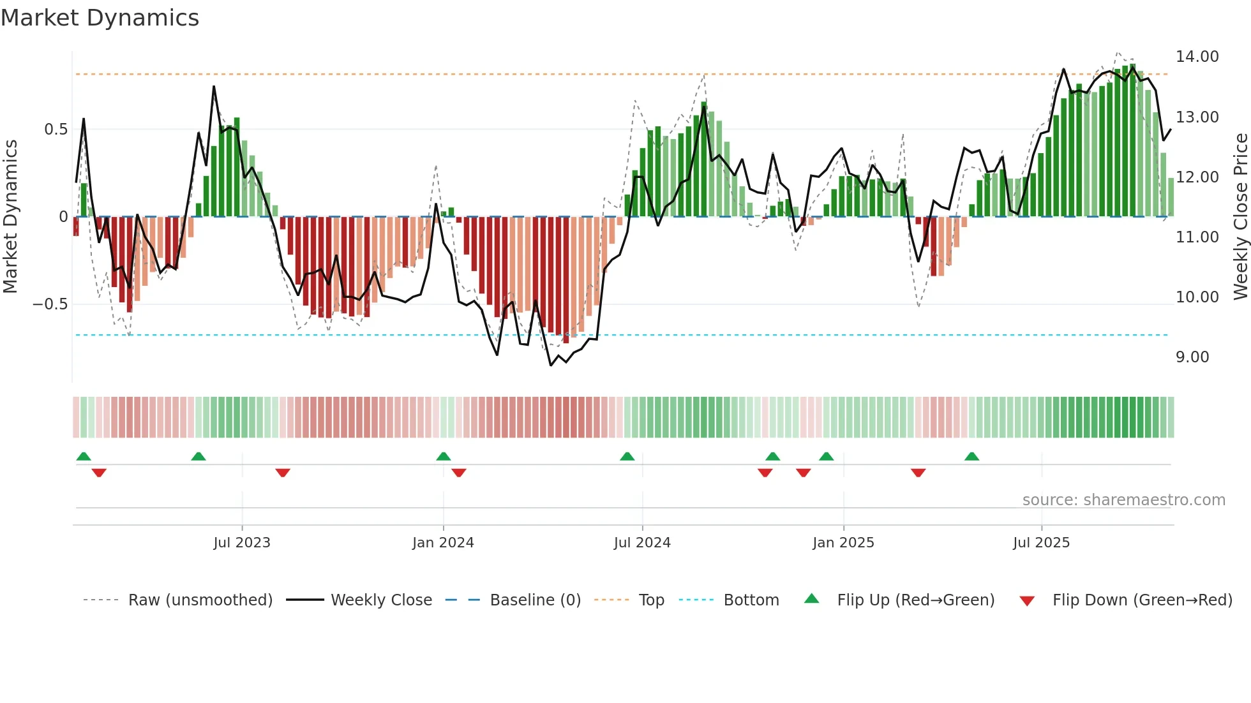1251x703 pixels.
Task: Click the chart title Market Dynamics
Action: click(100, 18)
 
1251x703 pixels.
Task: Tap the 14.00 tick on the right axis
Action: click(1197, 57)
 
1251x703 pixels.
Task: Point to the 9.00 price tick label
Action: click(1192, 357)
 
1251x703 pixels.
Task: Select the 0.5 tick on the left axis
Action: click(56, 129)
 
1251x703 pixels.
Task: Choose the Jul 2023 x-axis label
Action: click(241, 543)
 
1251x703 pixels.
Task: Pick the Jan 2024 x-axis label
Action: click(443, 543)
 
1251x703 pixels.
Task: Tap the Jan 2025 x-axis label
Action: click(843, 543)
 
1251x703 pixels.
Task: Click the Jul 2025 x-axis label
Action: click(1040, 543)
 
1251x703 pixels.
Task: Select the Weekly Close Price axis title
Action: click(1240, 217)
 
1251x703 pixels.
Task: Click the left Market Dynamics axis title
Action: click(10, 217)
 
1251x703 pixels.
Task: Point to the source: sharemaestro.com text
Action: click(1123, 500)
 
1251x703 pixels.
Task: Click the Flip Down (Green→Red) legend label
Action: click(1142, 600)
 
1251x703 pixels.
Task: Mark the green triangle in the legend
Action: click(811, 598)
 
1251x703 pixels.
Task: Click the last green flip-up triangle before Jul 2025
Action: click(971, 457)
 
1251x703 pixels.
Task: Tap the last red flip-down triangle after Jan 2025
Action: click(918, 473)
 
